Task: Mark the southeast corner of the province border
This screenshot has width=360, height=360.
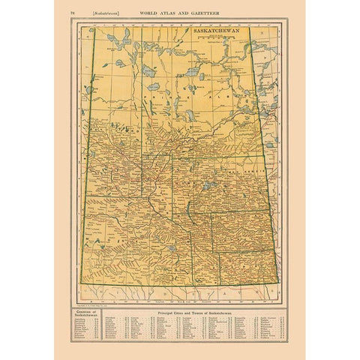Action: pos(279,283)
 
